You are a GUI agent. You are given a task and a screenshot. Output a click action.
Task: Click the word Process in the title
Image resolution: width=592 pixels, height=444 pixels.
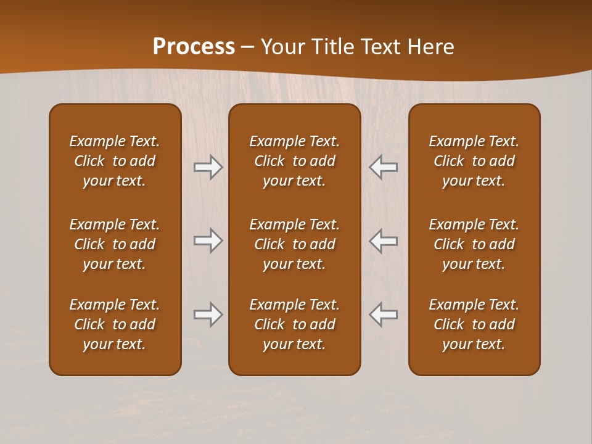194,47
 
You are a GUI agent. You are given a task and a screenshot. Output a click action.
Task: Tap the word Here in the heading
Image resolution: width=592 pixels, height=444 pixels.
430,47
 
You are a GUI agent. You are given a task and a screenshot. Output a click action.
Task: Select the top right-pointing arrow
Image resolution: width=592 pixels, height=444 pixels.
208,167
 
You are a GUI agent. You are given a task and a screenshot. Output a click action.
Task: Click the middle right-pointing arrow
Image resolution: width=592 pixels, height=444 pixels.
208,240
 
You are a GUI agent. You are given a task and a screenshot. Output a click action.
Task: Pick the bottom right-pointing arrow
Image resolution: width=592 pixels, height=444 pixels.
208,314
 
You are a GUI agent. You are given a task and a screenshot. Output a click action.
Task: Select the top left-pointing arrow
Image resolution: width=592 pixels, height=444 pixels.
383,167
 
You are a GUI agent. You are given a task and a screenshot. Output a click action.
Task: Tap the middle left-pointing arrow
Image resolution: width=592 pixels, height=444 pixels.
383,240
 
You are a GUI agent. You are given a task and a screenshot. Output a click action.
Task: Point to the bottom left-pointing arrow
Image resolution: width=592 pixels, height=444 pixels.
383,314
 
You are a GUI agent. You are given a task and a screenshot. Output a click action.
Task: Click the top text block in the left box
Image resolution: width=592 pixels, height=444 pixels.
115,161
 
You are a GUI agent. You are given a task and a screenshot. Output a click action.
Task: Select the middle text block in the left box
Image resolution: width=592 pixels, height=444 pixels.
115,244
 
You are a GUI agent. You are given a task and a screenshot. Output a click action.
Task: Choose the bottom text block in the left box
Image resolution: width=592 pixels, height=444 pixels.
115,324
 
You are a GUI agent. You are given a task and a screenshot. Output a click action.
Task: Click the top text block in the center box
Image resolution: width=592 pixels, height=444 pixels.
294,161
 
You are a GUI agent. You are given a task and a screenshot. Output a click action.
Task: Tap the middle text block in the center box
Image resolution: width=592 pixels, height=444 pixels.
294,244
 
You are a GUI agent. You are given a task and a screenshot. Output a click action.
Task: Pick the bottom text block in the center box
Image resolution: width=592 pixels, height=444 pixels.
294,324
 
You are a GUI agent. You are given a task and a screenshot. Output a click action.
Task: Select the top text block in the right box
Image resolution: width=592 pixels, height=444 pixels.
474,161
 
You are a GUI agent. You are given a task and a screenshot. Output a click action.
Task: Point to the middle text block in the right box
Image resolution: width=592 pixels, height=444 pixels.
474,244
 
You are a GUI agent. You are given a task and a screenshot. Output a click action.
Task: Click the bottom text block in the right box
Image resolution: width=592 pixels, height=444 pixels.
474,324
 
